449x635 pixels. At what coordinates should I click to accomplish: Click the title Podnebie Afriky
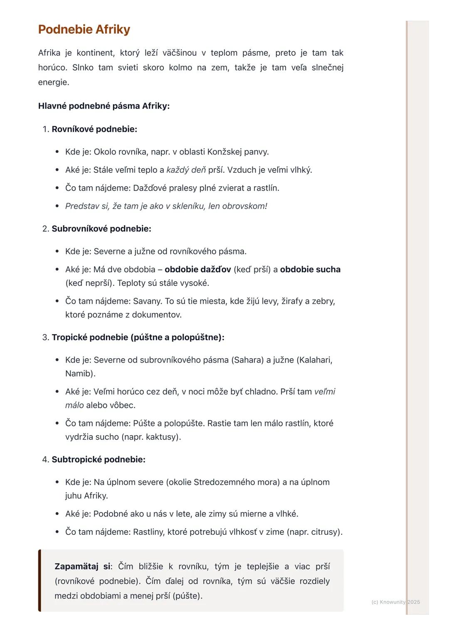84,30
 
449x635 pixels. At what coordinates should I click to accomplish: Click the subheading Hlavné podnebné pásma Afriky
104,106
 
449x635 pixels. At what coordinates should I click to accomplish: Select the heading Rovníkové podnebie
94,129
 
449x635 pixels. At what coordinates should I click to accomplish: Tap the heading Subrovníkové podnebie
101,229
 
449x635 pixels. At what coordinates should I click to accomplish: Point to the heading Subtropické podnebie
98,460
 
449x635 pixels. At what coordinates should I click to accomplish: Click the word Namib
79,374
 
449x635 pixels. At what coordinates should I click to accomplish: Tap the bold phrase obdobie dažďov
197,270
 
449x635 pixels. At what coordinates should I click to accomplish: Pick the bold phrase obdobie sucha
310,270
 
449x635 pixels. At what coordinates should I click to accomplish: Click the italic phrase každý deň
186,170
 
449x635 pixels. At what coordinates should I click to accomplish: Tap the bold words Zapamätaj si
82,566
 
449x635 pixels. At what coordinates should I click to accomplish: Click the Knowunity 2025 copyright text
395,602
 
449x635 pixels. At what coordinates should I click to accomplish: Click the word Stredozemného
236,482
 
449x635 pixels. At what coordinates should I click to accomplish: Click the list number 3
45,337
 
